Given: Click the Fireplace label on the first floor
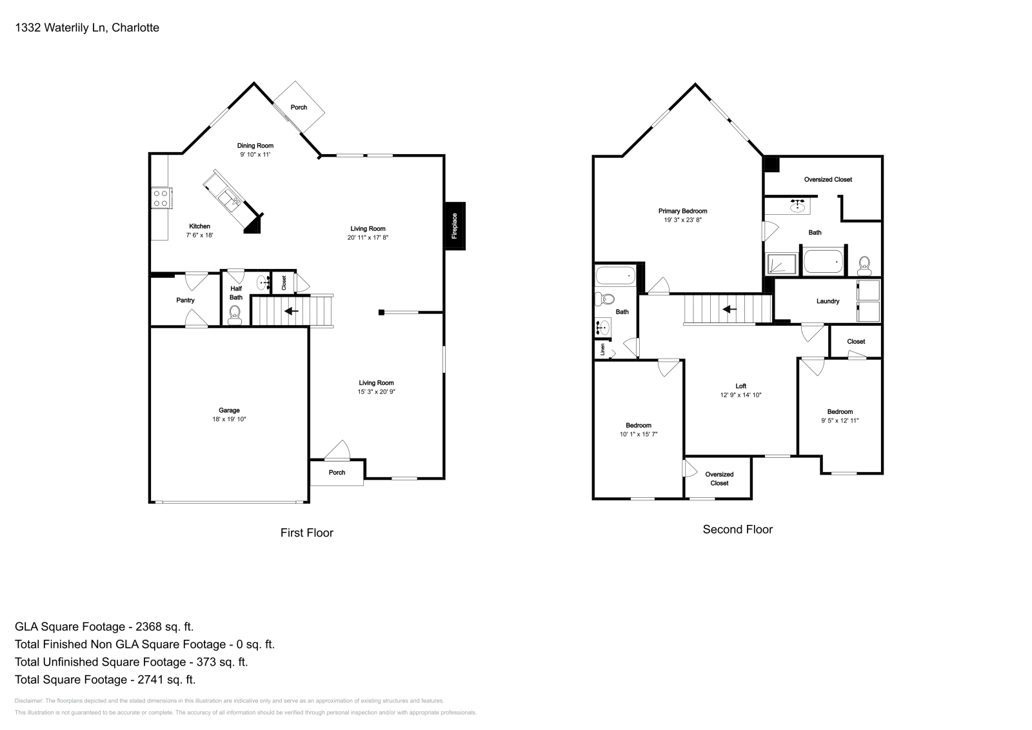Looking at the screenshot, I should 454,226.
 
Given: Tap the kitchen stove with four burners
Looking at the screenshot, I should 160,198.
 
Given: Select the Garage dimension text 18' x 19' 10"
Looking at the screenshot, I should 229,419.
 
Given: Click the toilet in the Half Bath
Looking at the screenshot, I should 235,313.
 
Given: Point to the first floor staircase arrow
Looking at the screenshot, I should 292,311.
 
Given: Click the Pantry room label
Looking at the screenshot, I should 185,301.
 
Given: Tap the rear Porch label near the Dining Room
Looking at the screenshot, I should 299,107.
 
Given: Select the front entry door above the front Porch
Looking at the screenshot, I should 337,451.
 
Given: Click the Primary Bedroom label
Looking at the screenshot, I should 682,211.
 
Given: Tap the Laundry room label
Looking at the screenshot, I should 828,301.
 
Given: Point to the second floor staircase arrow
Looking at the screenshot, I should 729,310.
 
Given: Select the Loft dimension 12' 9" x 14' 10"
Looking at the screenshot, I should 740,395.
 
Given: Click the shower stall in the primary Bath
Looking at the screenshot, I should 782,264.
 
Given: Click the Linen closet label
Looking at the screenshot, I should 603,350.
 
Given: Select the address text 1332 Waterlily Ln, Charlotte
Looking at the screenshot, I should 86,28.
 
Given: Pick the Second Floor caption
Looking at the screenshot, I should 737,529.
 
